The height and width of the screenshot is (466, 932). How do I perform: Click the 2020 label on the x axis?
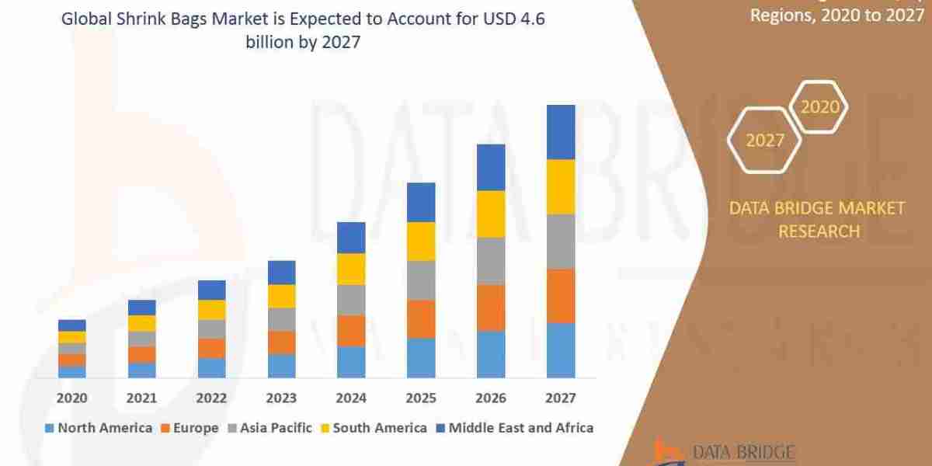[x=71, y=398]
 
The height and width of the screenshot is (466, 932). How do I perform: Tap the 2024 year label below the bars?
[x=351, y=398]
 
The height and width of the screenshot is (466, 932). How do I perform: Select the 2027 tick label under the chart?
[x=560, y=398]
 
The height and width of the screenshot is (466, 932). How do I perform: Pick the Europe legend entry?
[x=193, y=427]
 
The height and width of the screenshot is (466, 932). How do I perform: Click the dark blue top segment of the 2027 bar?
[x=561, y=132]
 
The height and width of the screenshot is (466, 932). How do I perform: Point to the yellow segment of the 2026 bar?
[x=491, y=214]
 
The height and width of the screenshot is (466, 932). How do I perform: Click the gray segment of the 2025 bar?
[x=421, y=280]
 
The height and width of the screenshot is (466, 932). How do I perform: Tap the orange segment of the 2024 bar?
[x=351, y=331]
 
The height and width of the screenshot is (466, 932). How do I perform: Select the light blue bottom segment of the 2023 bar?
[x=281, y=366]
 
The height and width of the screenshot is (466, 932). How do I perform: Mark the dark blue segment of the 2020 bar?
[x=71, y=325]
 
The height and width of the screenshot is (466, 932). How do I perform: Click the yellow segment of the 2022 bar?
[x=211, y=309]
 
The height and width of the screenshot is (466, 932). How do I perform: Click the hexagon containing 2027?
[x=765, y=141]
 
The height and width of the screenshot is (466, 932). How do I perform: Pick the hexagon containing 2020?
[x=820, y=106]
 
